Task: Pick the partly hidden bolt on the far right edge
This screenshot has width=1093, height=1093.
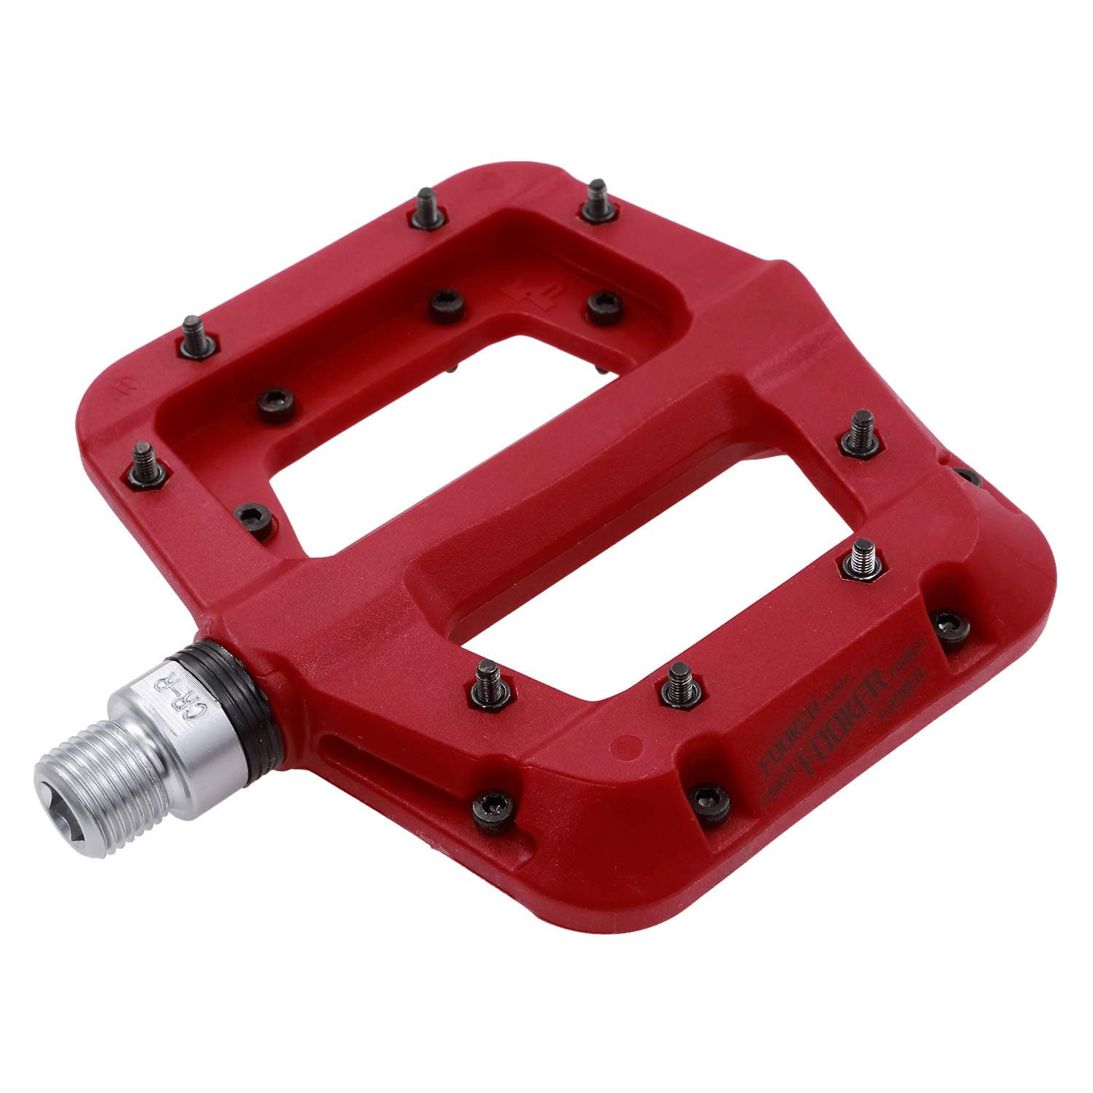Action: (966, 477)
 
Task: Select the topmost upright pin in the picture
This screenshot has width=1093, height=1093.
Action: (597, 200)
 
